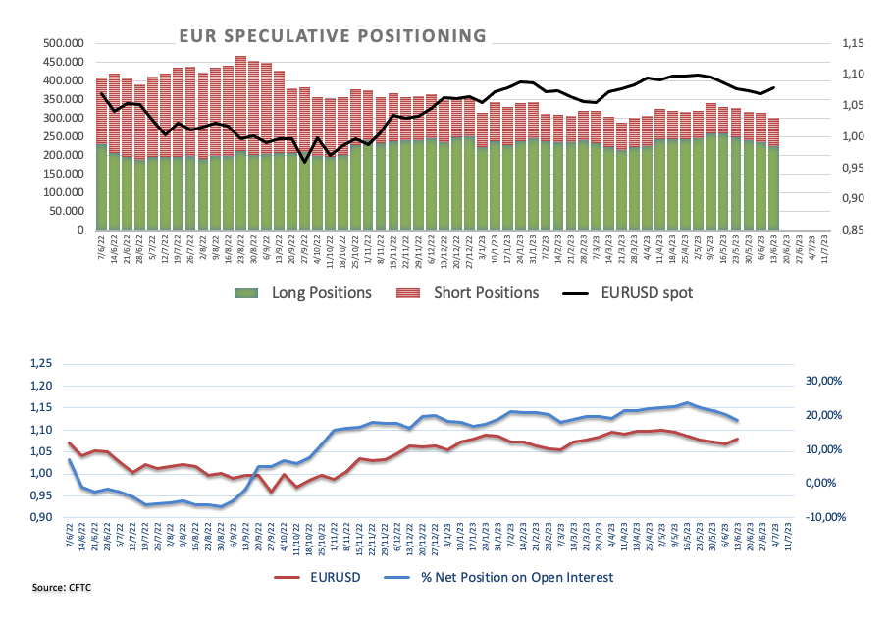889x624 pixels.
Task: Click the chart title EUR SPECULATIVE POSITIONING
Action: tap(332, 36)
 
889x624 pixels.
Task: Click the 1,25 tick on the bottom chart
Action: tap(45, 363)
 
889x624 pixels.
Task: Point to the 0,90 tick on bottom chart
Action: tap(45, 518)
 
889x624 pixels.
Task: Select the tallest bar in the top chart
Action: tap(240, 143)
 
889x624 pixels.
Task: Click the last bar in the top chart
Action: tap(774, 175)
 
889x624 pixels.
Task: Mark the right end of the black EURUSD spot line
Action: tap(774, 88)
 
